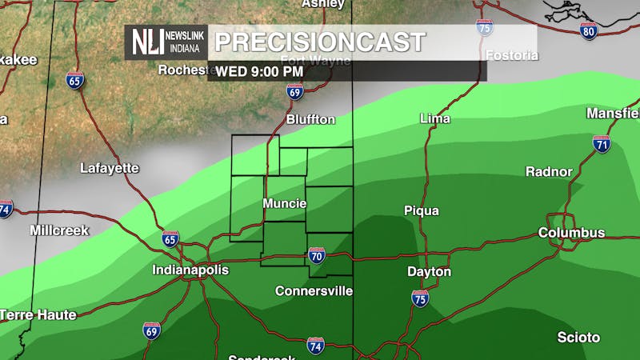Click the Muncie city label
pos(284,203)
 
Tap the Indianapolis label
pos(190,270)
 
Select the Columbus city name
pos(571,233)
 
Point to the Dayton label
pos(429,272)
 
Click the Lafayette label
pos(110,168)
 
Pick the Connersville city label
pos(314,291)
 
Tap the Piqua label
pos(421,211)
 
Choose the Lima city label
pos(435,118)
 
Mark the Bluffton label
pos(310,119)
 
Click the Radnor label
pos(549,172)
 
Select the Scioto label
pos(579,338)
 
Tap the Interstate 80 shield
pos(589,31)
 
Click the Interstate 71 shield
pos(602,144)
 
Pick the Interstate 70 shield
pos(317,256)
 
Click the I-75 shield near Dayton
pos(420,298)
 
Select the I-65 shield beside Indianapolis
pos(170,239)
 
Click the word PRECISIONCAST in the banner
pos(320,42)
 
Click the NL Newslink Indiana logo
pos(166,42)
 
